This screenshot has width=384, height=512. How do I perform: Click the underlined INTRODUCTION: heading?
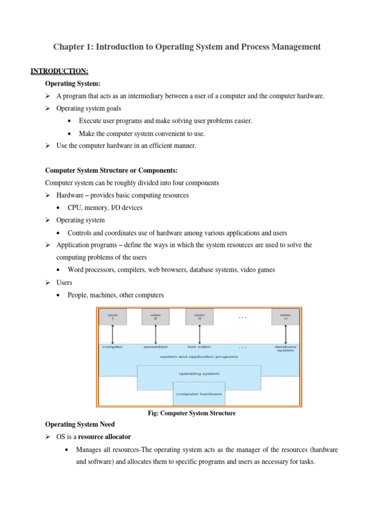pos(59,70)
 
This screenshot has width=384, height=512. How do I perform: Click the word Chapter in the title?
pos(69,47)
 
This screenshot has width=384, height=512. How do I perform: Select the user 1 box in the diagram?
pos(113,316)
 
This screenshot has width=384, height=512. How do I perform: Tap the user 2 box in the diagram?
pos(156,316)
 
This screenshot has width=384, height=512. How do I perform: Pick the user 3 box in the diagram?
pos(199,316)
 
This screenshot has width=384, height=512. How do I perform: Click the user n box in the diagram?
pos(285,316)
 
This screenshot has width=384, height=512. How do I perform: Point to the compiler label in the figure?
pos(112,346)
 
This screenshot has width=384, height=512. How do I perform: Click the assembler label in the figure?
pos(156,346)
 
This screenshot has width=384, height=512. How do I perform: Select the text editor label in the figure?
pos(199,346)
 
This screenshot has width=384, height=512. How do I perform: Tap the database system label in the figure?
pos(285,348)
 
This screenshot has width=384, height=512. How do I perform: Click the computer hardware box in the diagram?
pos(199,394)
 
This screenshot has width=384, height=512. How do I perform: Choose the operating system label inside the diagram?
pos(199,373)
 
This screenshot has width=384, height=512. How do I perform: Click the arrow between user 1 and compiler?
pos(113,333)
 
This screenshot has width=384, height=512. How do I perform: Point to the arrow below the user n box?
pos(285,333)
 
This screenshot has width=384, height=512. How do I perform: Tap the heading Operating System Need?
pos(80,424)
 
